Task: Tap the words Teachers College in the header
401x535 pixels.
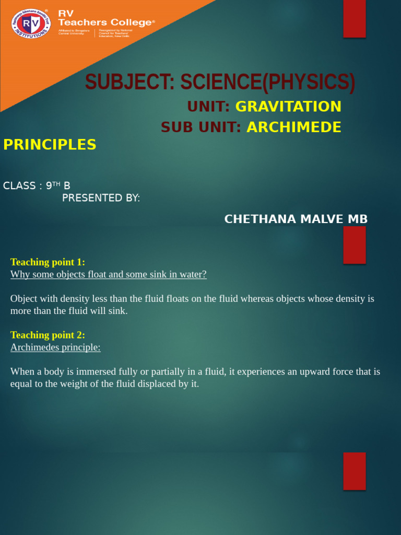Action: click(x=107, y=22)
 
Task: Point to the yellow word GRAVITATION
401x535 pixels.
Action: click(x=288, y=107)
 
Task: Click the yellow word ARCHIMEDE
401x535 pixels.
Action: click(x=294, y=127)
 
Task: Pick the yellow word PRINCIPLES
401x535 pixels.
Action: click(x=50, y=145)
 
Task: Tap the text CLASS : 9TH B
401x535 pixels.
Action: click(x=37, y=185)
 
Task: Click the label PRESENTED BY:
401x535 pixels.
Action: click(x=101, y=198)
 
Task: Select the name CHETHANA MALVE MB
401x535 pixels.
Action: click(x=296, y=219)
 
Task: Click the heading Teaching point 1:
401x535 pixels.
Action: click(x=48, y=262)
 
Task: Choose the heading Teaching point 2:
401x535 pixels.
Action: click(x=48, y=335)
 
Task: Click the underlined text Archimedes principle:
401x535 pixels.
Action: click(x=55, y=347)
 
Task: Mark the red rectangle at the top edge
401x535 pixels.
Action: click(x=354, y=18)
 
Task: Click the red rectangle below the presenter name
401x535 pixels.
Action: click(x=354, y=245)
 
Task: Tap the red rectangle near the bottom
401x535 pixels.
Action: click(x=354, y=471)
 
